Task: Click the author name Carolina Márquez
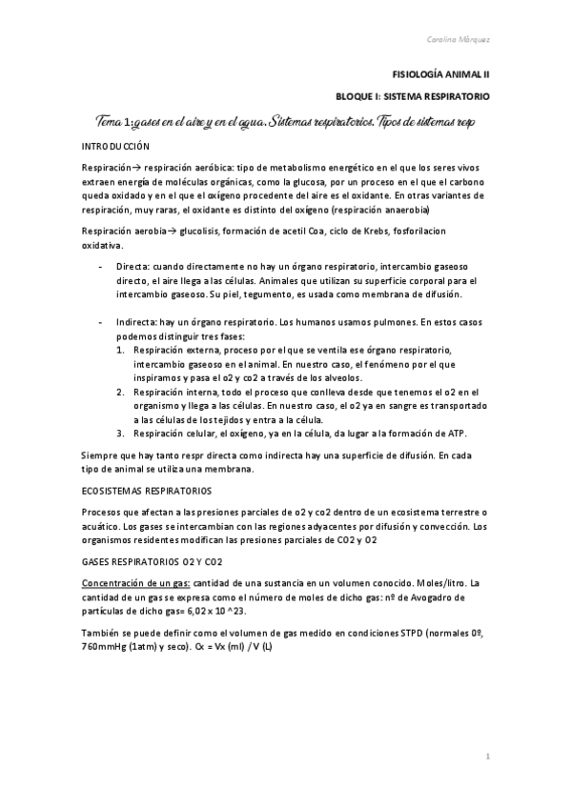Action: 459,40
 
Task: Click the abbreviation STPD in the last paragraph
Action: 401,634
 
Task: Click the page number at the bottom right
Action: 486,757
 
